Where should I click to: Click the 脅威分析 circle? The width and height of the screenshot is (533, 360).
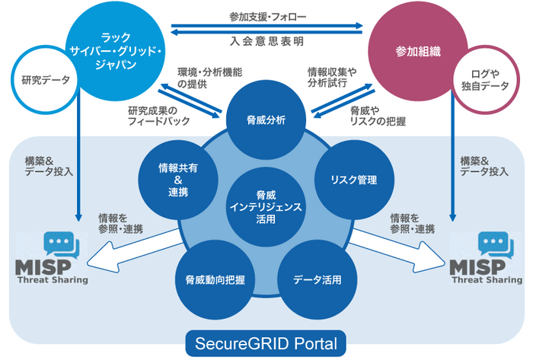pos(266,119)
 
